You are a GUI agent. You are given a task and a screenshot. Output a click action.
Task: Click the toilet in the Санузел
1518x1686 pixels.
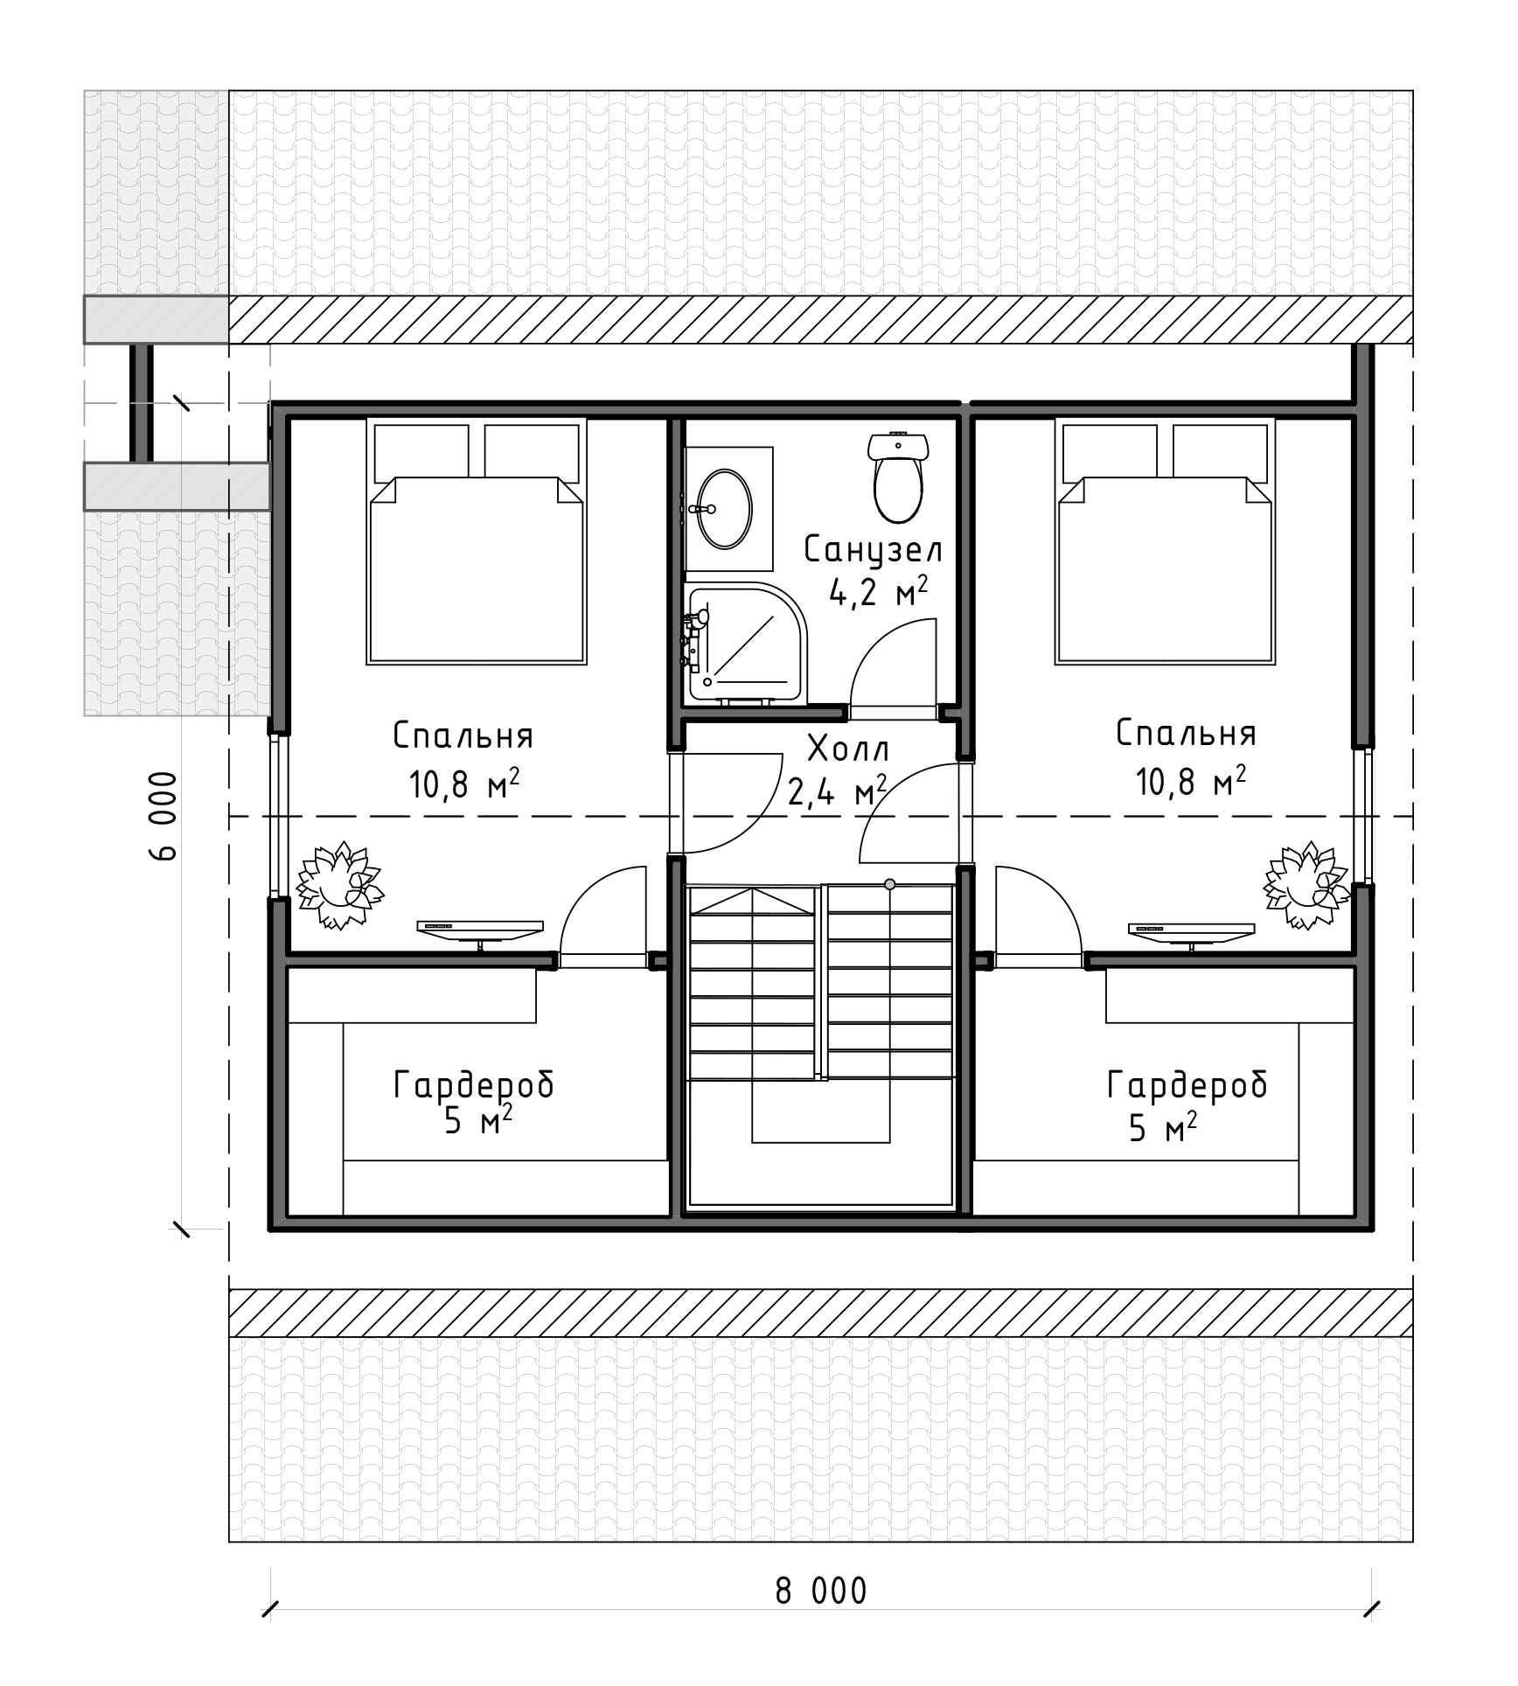point(897,476)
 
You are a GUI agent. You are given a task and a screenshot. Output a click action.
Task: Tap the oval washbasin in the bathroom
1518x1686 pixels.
point(725,509)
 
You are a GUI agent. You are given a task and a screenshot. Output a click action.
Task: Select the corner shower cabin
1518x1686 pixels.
point(746,642)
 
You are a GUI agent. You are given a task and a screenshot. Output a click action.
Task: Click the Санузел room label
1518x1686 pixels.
point(874,550)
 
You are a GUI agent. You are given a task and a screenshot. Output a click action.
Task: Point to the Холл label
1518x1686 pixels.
point(847,749)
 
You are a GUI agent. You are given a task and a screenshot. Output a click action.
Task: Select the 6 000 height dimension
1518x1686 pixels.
point(164,816)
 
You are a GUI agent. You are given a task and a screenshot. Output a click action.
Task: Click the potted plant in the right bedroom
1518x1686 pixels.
point(1306,884)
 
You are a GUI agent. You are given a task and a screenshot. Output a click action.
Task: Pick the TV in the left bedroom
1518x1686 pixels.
point(480,933)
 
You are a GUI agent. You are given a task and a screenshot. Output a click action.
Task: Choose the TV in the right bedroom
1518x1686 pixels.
point(1192,933)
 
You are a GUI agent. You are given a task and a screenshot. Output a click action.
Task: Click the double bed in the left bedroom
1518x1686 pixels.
point(477,541)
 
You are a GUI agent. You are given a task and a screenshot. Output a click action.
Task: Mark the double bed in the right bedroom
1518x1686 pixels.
point(1165,541)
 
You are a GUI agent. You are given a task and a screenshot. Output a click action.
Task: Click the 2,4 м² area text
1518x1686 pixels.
point(838,791)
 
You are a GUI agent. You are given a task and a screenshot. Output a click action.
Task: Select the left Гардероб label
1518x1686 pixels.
point(474,1084)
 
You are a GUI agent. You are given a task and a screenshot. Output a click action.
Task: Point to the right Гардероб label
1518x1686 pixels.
point(1187,1084)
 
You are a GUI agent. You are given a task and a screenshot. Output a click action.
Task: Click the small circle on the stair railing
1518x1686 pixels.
point(890,884)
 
